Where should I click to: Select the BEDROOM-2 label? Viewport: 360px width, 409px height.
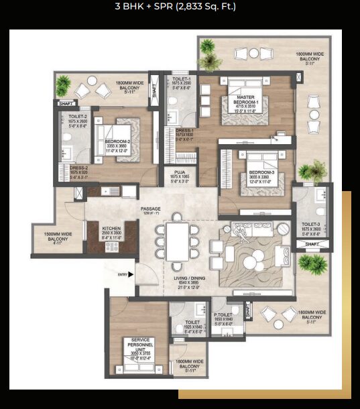[118, 141]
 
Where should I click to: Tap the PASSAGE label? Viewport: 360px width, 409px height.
[150, 209]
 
